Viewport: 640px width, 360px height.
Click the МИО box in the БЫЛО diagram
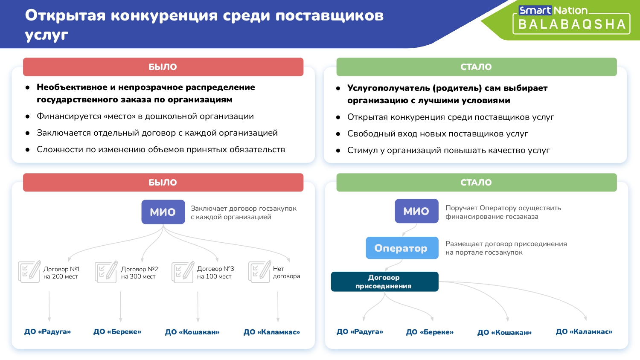(x=163, y=212)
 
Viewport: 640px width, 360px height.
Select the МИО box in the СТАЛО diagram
(x=416, y=211)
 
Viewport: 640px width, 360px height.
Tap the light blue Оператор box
(x=402, y=248)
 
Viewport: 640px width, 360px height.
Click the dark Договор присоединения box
(x=384, y=282)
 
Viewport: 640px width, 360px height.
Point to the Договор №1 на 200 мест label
(x=61, y=273)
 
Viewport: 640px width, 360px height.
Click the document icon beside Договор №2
(x=106, y=272)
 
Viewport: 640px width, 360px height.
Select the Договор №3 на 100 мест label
(x=215, y=272)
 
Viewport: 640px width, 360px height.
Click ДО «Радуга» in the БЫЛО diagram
(x=47, y=332)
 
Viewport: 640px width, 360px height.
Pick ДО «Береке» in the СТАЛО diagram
(x=430, y=332)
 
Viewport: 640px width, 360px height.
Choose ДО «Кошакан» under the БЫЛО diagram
(x=192, y=332)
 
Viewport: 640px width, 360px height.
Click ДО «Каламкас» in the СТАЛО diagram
(x=584, y=332)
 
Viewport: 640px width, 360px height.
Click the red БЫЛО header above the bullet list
(x=163, y=67)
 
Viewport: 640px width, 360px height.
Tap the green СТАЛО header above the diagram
(x=477, y=182)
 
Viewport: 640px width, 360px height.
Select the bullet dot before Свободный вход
(x=338, y=134)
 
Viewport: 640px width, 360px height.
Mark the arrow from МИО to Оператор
(x=410, y=229)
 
